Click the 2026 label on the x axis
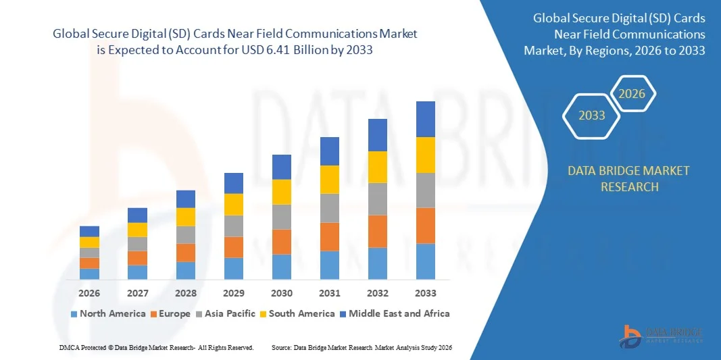[x=89, y=293]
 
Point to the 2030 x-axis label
[x=282, y=293]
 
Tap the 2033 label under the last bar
[x=425, y=293]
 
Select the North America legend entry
[x=107, y=313]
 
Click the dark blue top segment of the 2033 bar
[x=425, y=119]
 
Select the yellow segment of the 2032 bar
[x=377, y=167]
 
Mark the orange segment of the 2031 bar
[x=329, y=236]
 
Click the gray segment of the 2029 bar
[x=234, y=226]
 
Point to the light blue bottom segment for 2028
[x=186, y=270]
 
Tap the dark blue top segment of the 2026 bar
[x=89, y=231]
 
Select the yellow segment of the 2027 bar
[x=137, y=230]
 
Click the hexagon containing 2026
[x=632, y=94]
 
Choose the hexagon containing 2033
[x=592, y=115]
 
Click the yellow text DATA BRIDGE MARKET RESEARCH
[x=629, y=178]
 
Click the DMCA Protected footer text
[x=156, y=347]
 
